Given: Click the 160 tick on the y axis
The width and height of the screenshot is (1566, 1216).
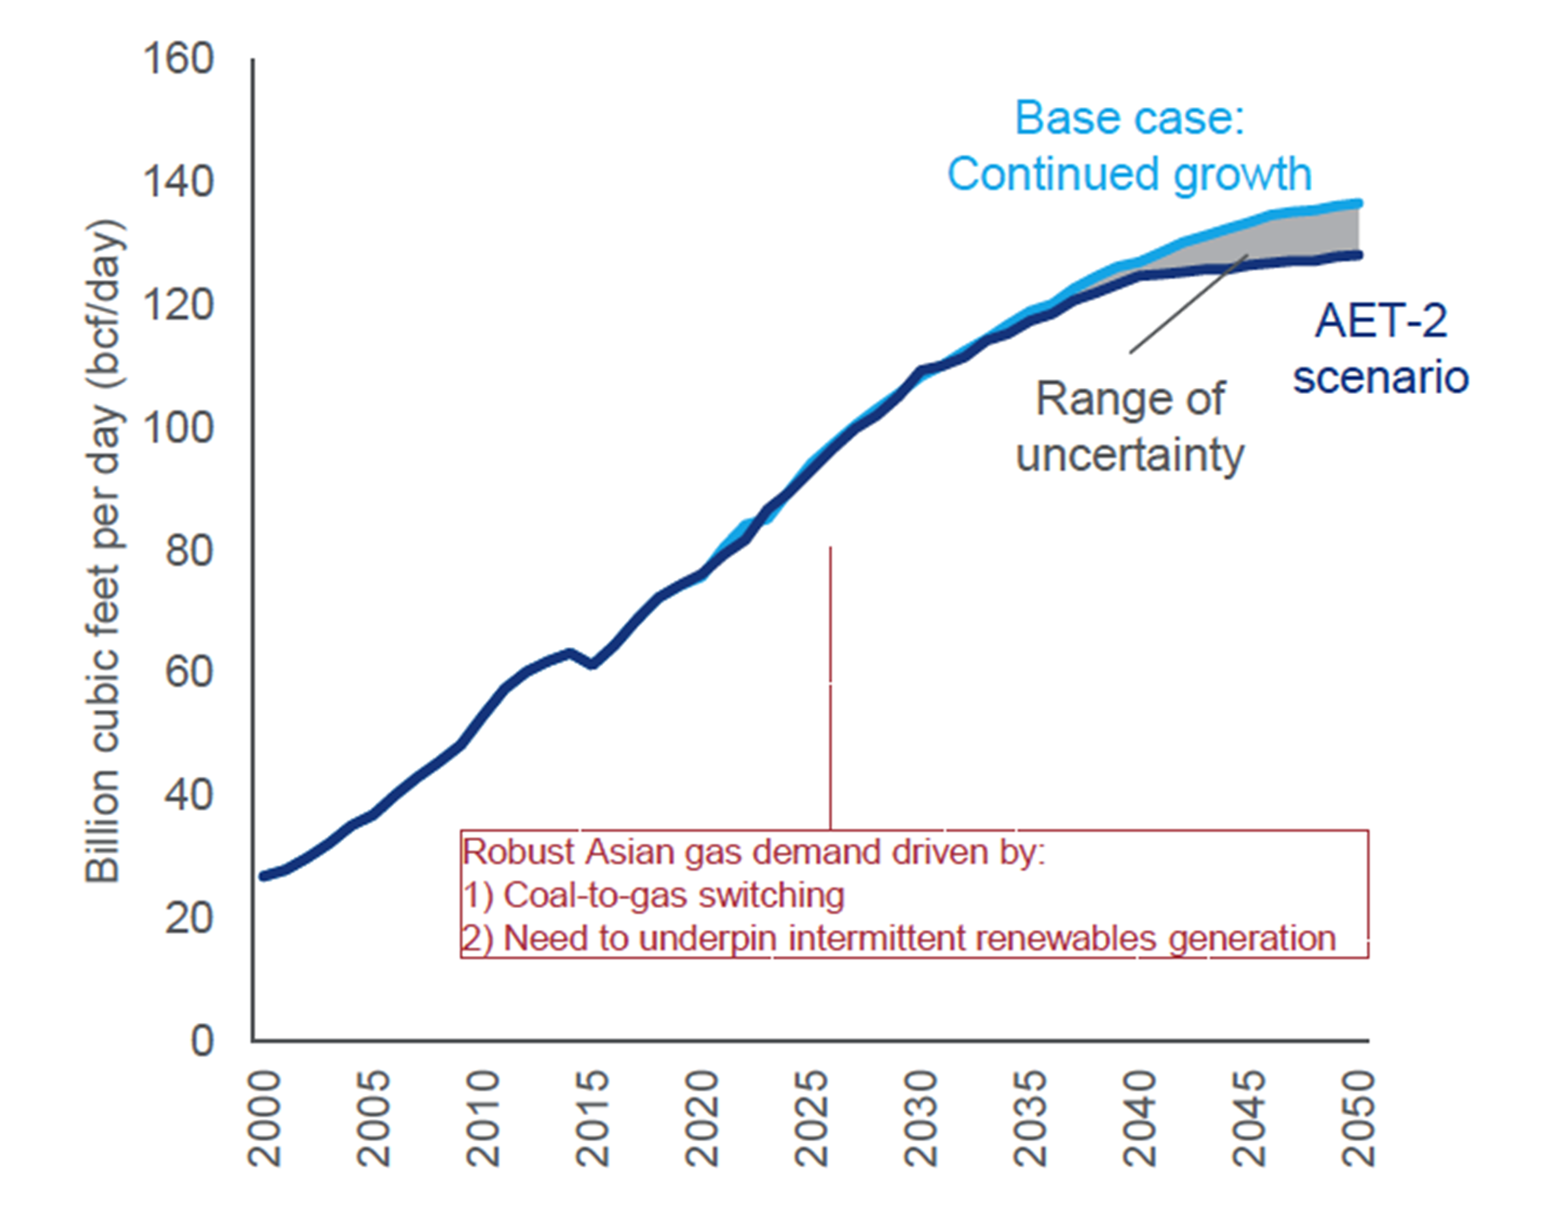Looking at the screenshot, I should click(177, 60).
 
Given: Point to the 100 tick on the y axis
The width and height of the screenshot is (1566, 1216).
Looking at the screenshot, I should click(177, 429).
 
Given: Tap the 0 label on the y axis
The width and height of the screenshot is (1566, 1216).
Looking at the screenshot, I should click(202, 1041).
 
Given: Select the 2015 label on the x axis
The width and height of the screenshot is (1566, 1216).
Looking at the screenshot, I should click(592, 1119).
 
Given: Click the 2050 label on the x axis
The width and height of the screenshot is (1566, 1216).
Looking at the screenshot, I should click(1358, 1119).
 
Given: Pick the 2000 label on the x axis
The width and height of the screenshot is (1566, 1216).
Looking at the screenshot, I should click(264, 1119).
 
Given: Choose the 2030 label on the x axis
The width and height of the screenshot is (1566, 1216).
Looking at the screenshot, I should click(920, 1119).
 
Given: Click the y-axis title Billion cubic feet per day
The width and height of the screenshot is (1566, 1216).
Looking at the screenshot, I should click(104, 551).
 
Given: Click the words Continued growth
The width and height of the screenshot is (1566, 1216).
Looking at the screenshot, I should click(1129, 174).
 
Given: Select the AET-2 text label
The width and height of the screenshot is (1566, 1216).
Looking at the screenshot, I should click(1381, 321).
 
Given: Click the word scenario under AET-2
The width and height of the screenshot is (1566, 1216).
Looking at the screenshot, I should click(1381, 377).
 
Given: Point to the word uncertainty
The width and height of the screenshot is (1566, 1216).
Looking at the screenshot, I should click(1129, 455).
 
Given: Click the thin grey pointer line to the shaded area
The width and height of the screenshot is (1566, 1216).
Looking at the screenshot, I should click(1188, 304).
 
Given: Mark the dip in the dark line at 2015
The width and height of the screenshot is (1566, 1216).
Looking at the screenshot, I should click(592, 665).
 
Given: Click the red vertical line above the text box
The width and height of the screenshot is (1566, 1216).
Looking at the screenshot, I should click(830, 687).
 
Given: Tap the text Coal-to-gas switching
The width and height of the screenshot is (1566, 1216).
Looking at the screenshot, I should click(673, 895).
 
